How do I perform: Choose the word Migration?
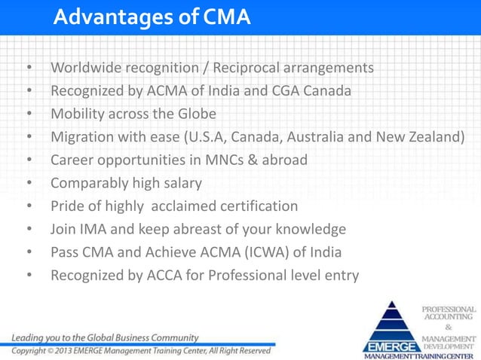pos(83,137)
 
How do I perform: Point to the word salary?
pos(182,183)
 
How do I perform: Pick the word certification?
pos(257,206)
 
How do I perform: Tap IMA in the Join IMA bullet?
pos(93,229)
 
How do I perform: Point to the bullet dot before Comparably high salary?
pos(29,184)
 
